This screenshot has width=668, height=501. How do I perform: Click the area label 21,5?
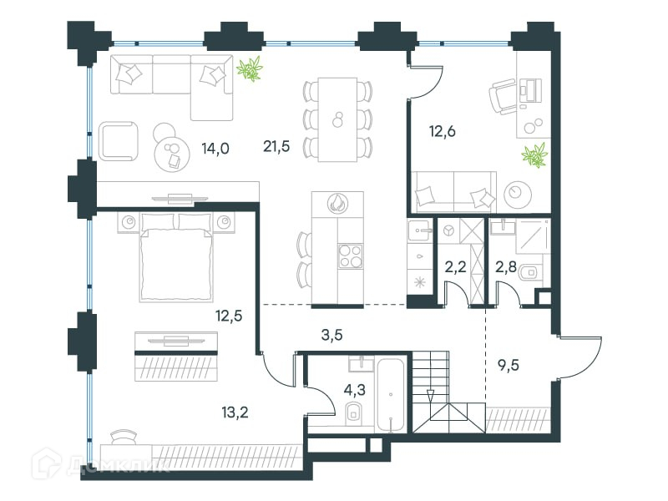click(x=276, y=147)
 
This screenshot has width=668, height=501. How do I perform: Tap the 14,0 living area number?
click(x=215, y=149)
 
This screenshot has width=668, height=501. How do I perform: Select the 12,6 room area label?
click(x=443, y=132)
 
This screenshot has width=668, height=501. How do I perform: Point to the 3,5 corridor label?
click(x=331, y=336)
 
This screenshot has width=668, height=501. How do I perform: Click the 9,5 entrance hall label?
click(x=509, y=365)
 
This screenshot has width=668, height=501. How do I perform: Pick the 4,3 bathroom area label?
click(x=355, y=389)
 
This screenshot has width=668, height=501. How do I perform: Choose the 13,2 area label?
click(x=235, y=412)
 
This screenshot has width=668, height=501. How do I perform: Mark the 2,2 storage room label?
click(x=455, y=267)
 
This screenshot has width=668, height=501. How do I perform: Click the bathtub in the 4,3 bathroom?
click(x=392, y=395)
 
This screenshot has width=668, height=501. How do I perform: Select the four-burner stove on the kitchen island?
click(x=351, y=256)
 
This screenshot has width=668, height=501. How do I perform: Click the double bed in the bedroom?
click(x=176, y=258)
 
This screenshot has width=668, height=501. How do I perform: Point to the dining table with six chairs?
click(x=337, y=119)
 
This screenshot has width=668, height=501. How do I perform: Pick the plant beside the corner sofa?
click(x=250, y=68)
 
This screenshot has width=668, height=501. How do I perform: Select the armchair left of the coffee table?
click(x=119, y=141)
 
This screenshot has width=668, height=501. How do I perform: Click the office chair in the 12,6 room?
click(x=502, y=97)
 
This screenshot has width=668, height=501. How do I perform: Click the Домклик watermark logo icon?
click(x=46, y=463)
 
